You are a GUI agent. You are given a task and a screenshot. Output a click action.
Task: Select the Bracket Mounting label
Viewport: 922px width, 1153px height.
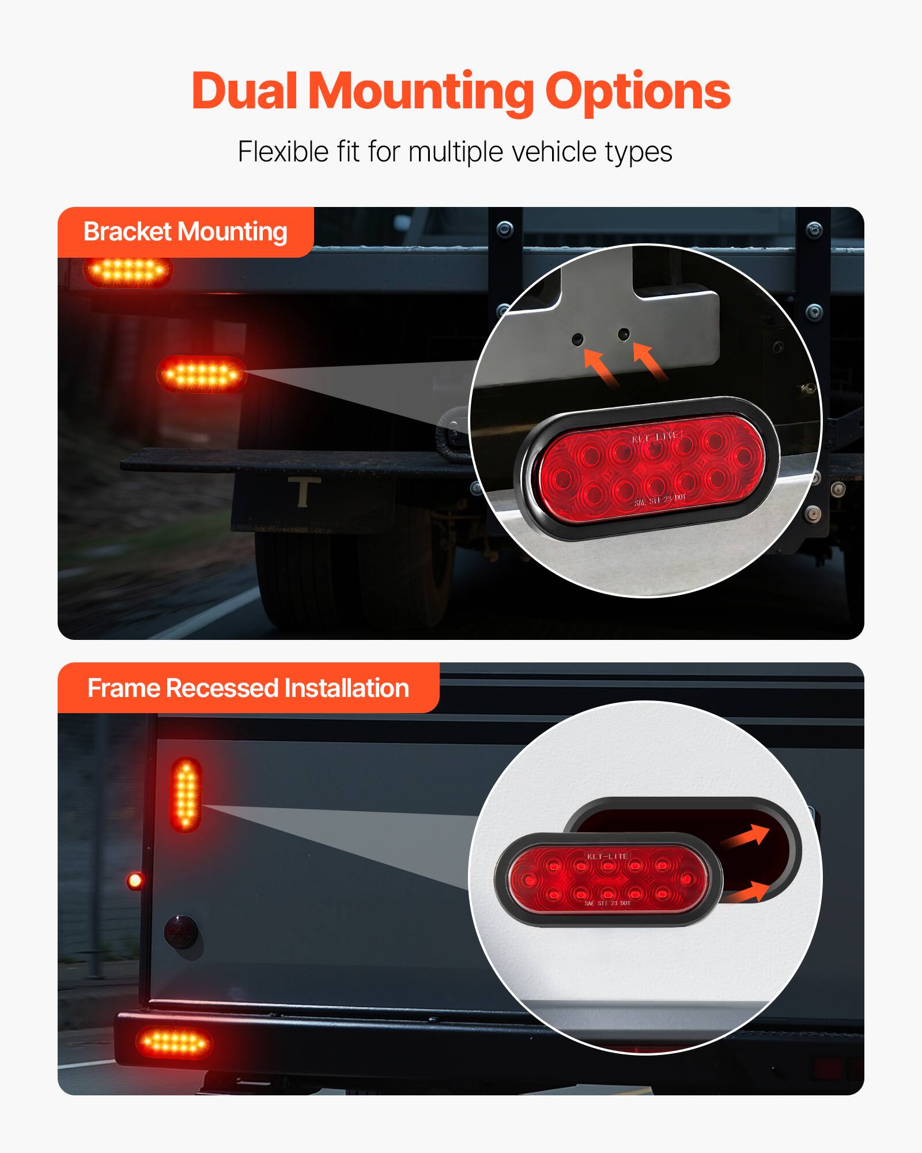(x=186, y=232)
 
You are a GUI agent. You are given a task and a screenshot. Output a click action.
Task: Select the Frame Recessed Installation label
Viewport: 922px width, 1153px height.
(x=248, y=688)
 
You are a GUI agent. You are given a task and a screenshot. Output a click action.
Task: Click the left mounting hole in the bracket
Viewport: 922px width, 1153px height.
(x=577, y=339)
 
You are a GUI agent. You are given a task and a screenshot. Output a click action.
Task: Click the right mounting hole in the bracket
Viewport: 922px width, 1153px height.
(x=624, y=334)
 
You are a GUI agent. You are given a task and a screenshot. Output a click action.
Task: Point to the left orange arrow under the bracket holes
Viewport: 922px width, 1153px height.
(x=600, y=367)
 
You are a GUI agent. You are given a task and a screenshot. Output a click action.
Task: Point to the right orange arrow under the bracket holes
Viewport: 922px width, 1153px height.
(x=649, y=361)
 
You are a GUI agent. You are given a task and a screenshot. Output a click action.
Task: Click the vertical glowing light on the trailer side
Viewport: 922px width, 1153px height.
(x=186, y=795)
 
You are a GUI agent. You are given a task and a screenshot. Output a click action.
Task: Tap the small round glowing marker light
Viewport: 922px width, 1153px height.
(x=135, y=880)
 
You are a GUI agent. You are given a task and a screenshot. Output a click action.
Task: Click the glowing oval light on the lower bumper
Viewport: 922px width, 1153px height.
(x=174, y=1042)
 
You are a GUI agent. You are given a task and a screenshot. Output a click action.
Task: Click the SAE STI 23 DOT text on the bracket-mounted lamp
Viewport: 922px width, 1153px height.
(x=660, y=499)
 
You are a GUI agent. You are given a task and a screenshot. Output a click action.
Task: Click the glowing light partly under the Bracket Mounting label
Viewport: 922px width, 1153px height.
(x=128, y=271)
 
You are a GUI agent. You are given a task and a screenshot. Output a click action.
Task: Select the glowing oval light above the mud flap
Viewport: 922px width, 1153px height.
(x=202, y=375)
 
